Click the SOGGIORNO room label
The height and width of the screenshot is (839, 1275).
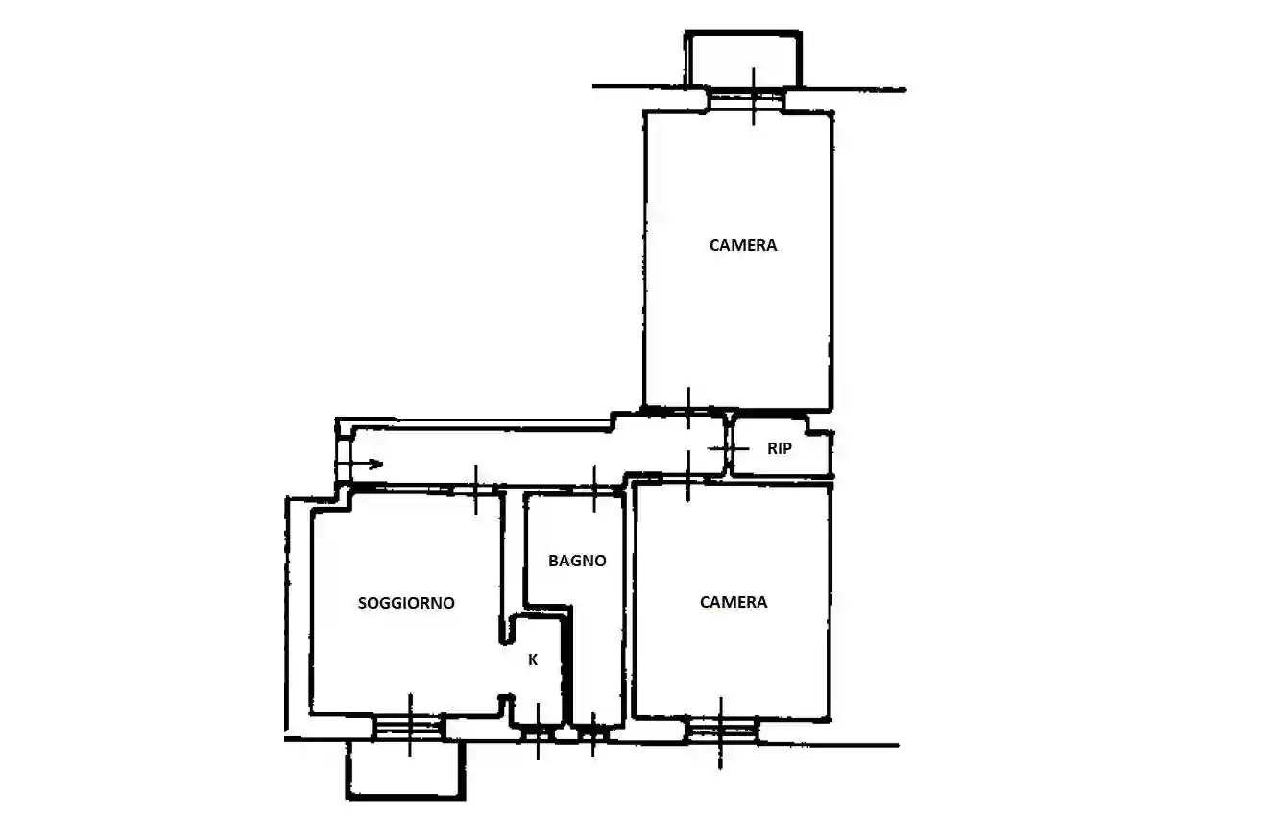[x=406, y=603]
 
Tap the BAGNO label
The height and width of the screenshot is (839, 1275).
[x=577, y=561]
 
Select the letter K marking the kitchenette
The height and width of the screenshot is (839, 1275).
[x=533, y=659]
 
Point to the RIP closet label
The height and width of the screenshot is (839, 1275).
[x=780, y=448]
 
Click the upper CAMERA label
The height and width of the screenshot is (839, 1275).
[x=743, y=245]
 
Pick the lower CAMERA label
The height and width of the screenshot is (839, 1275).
[x=734, y=602]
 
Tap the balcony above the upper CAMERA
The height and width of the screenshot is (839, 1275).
[x=743, y=59]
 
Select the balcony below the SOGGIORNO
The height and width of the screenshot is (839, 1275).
[x=406, y=770]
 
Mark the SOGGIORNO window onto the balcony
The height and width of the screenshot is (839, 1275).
[x=409, y=727]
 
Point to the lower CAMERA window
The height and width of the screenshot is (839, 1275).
[x=722, y=731]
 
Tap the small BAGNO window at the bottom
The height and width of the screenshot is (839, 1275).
[x=593, y=733]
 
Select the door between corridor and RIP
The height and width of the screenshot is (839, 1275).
[x=729, y=448]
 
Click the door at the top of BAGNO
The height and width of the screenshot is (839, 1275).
[x=595, y=491]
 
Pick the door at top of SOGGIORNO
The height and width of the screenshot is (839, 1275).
[x=476, y=489]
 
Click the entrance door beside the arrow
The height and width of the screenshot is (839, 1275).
[x=342, y=460]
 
